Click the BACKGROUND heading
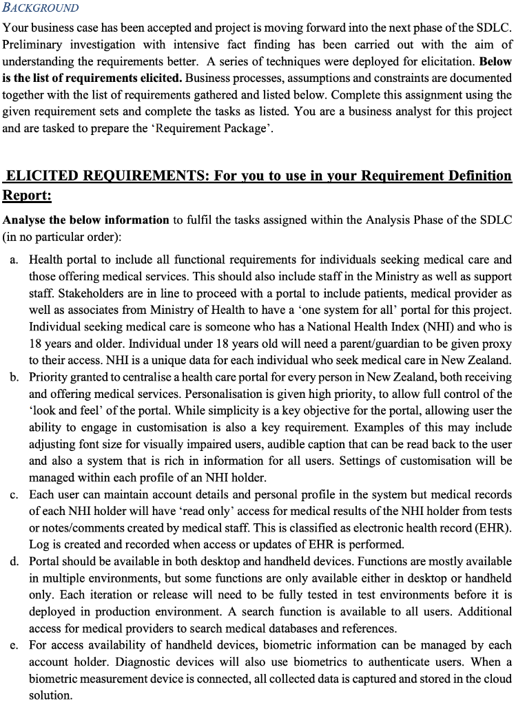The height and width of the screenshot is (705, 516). point(41,8)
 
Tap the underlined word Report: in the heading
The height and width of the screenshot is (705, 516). point(27,196)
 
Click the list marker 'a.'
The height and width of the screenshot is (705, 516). point(14,260)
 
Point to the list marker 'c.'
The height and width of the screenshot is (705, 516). point(14,495)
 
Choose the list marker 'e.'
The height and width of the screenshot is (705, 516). point(14,645)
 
